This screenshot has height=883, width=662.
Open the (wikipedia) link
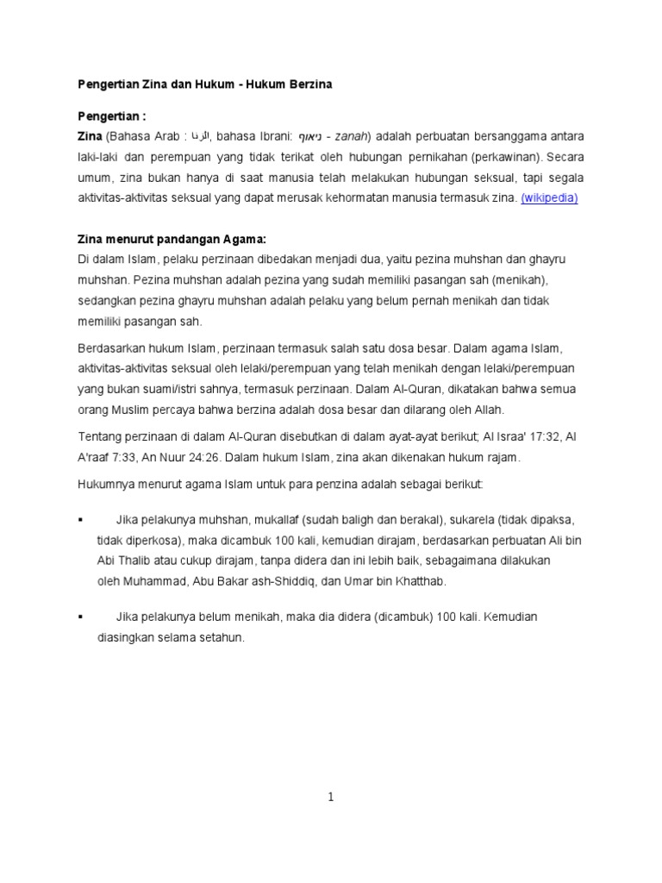(x=549, y=197)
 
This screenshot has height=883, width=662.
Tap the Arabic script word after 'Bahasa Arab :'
(x=199, y=136)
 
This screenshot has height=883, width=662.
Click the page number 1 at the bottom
(x=331, y=798)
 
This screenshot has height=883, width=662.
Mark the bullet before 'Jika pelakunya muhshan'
(x=80, y=521)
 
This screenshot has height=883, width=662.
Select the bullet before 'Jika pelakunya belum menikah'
(x=80, y=617)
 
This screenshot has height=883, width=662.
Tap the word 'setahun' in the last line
(x=224, y=638)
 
